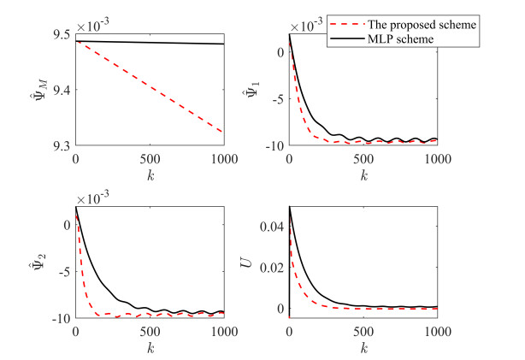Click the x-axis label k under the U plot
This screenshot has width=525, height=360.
363,349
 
